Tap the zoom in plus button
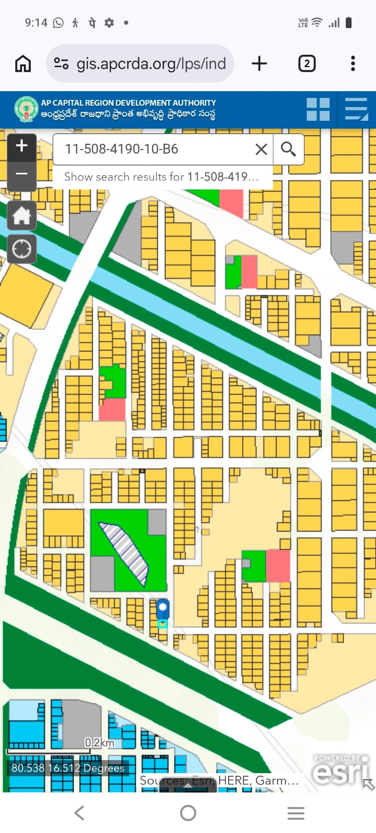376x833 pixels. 21,146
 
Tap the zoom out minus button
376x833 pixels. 21,174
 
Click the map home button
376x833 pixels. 21,215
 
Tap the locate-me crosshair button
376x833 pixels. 21,249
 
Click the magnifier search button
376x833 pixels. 289,149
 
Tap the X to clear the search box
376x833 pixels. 261,149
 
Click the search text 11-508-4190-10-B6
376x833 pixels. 121,149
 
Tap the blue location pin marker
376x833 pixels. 162,608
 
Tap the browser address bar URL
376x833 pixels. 151,64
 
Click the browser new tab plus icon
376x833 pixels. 259,64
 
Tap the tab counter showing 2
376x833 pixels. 307,64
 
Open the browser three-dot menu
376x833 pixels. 353,64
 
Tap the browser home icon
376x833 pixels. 23,64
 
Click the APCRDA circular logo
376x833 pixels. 26,109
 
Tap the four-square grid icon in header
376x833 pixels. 318,109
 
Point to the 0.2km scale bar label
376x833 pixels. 99,742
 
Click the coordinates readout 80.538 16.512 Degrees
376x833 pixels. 68,768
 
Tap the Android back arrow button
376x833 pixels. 79,813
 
